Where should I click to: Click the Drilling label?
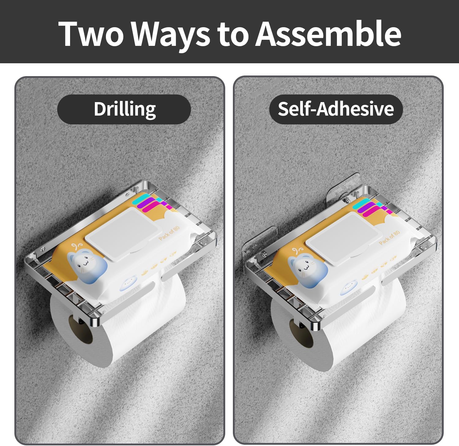coord(125,109)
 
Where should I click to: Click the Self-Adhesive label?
coord(336,109)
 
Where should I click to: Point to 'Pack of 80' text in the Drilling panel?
coord(169,233)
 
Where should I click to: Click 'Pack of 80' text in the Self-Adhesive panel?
coord(390,238)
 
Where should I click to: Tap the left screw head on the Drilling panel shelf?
coord(43,249)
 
